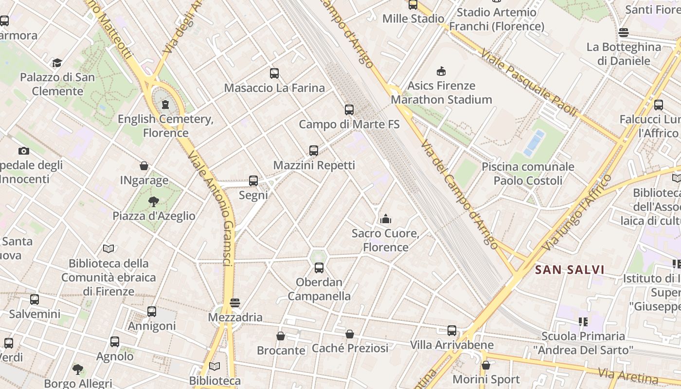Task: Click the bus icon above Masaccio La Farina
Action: coord(274,73)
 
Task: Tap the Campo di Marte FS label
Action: coord(349,124)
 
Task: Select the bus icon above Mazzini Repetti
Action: coord(314,151)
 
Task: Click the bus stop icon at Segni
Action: coord(253,181)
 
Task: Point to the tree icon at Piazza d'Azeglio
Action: coord(154,201)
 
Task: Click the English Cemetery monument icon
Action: coord(165,104)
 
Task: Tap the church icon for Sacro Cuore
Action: coord(386,219)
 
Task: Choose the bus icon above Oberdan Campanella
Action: coord(319,267)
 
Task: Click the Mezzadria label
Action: coord(235,318)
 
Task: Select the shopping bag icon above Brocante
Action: coord(281,336)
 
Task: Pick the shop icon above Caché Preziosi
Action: coord(350,334)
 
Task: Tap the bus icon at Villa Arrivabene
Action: coord(452,331)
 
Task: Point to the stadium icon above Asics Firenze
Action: coord(441,71)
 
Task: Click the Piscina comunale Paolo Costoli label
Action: coord(528,174)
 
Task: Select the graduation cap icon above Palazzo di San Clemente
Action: coord(57,63)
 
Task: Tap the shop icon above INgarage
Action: coord(144,166)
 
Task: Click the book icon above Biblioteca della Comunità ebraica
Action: coord(108,249)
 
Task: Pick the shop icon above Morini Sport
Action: coord(485,365)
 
